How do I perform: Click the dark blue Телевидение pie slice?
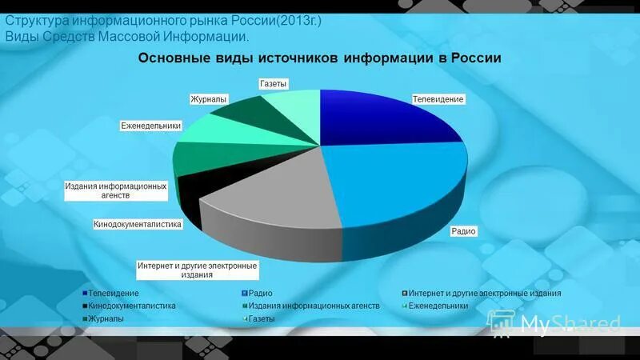tap(384, 120)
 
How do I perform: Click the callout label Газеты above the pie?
tap(274, 83)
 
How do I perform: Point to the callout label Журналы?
tap(209, 99)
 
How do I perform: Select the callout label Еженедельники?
tap(151, 126)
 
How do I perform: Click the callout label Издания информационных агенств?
tap(116, 190)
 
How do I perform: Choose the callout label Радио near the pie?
tap(463, 231)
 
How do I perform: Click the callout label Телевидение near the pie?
tap(438, 98)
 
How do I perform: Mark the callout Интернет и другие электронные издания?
tap(197, 270)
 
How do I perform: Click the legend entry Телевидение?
tap(113, 294)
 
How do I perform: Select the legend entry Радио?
tap(260, 294)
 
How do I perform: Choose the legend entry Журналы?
tap(106, 319)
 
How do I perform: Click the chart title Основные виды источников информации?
tap(320, 58)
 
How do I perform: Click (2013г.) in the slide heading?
tap(298, 21)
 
